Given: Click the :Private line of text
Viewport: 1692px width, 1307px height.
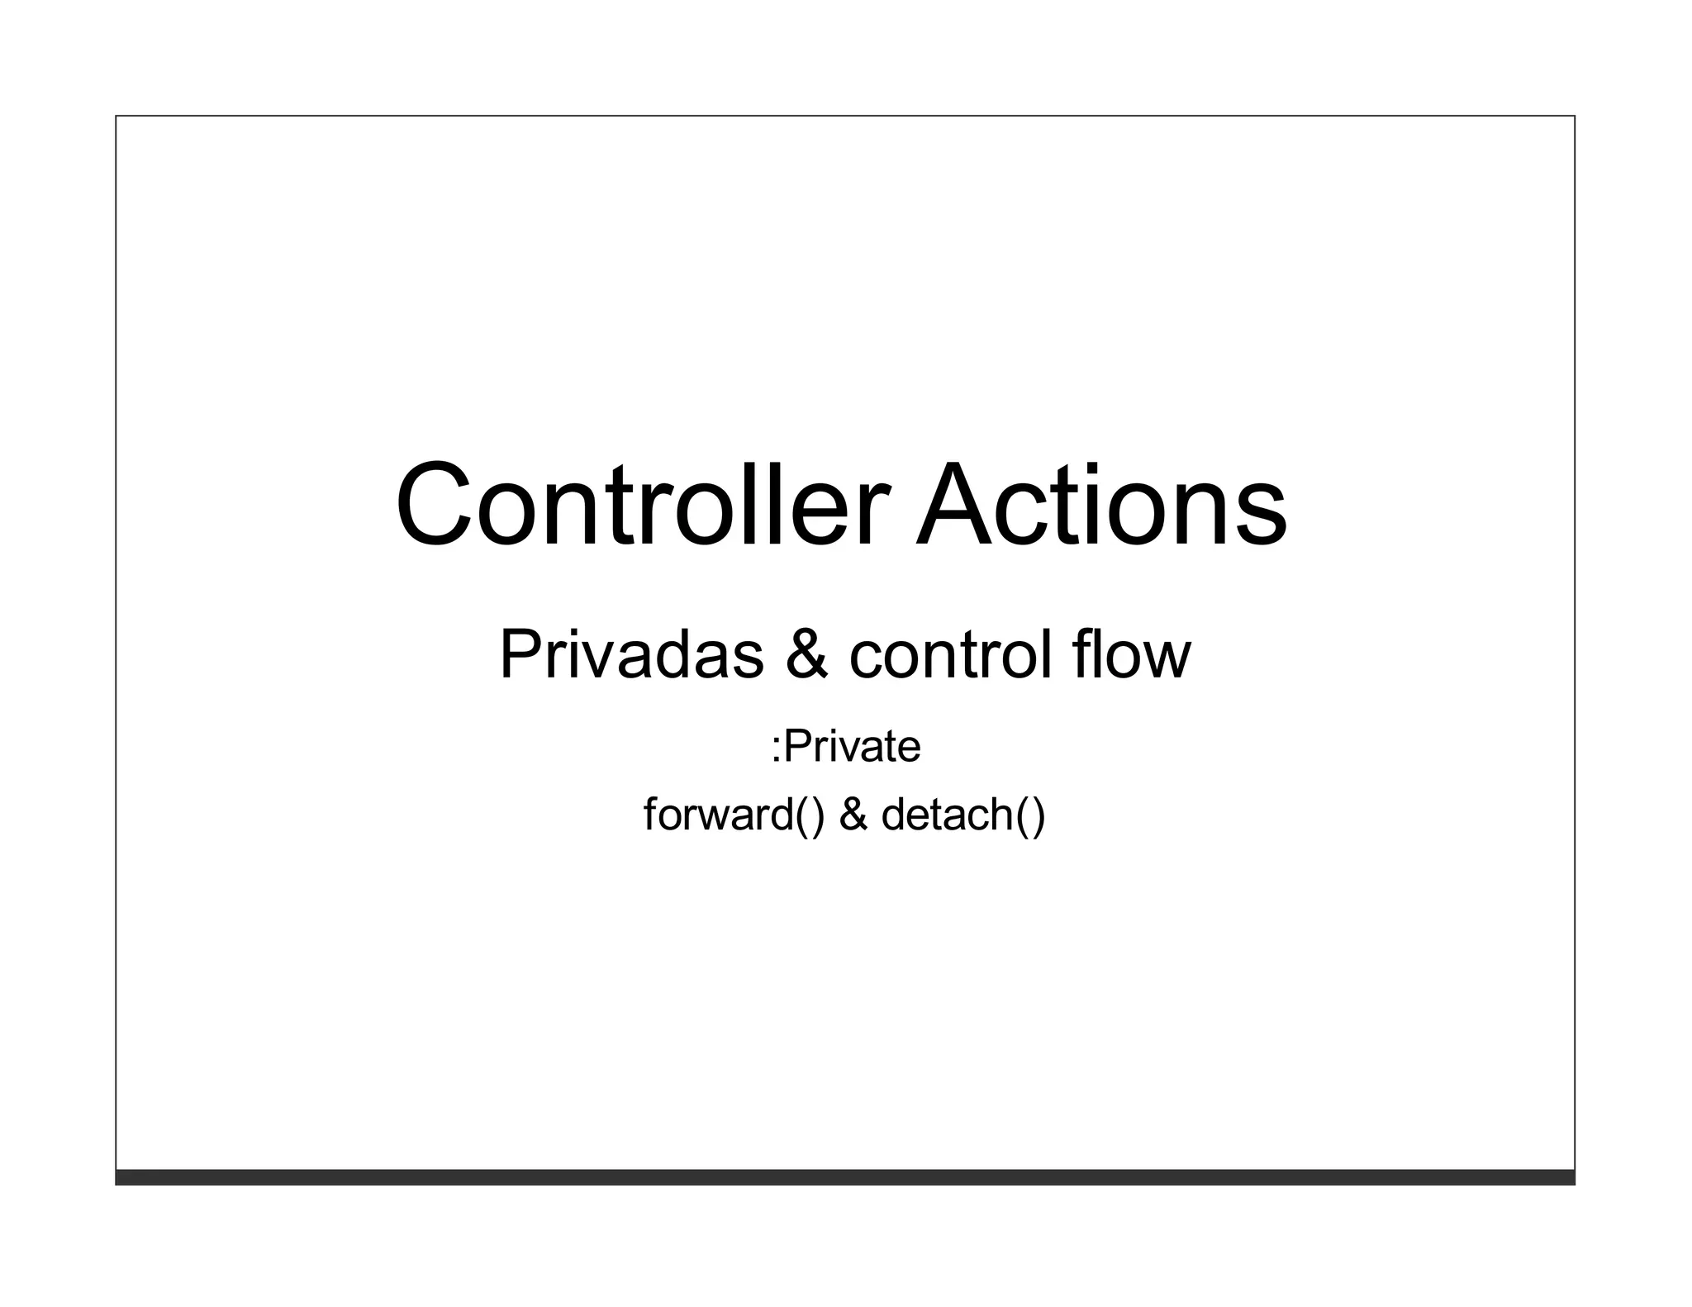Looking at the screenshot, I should [845, 747].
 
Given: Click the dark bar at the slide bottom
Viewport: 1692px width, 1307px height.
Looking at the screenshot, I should [845, 1177].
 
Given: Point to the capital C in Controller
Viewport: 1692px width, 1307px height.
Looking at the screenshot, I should [435, 505].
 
